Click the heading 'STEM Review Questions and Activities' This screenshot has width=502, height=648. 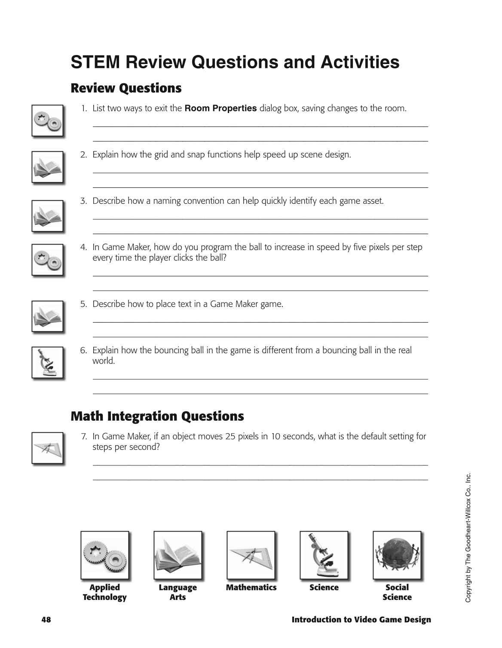(235, 62)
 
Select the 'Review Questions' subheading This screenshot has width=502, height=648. (126, 88)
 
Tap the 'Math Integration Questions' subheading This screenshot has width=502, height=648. (157, 416)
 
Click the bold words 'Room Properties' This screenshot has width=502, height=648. (220, 108)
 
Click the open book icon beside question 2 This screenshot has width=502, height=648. (47, 167)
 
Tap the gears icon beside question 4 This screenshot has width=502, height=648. (47, 260)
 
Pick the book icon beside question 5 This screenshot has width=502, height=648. (47, 317)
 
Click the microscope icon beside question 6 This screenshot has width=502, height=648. (47, 363)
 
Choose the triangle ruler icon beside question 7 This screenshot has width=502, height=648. (47, 448)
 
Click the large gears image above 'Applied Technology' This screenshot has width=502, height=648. (105, 555)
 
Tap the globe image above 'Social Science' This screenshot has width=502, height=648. (397, 555)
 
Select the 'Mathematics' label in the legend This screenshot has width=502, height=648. (251, 587)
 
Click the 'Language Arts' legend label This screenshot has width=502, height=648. (178, 592)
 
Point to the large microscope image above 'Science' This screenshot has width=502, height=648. (324, 555)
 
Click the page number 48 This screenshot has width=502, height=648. (46, 620)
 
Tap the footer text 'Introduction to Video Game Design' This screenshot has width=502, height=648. (361, 620)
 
